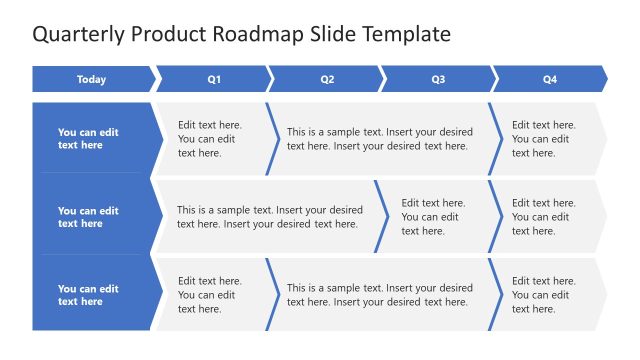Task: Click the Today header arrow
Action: [x=92, y=79]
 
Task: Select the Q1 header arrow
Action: [x=213, y=79]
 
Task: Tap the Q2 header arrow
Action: [x=326, y=79]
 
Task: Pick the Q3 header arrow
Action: [x=438, y=79]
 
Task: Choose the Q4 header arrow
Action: [x=550, y=79]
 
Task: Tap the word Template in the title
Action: [x=406, y=34]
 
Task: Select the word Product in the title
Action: [x=171, y=34]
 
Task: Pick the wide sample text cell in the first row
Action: [x=380, y=139]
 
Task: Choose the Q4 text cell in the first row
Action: [x=546, y=139]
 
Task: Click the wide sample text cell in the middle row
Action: [x=268, y=217]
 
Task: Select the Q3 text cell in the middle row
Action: [x=434, y=217]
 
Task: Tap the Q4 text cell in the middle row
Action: [x=546, y=217]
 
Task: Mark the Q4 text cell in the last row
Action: [x=546, y=295]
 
